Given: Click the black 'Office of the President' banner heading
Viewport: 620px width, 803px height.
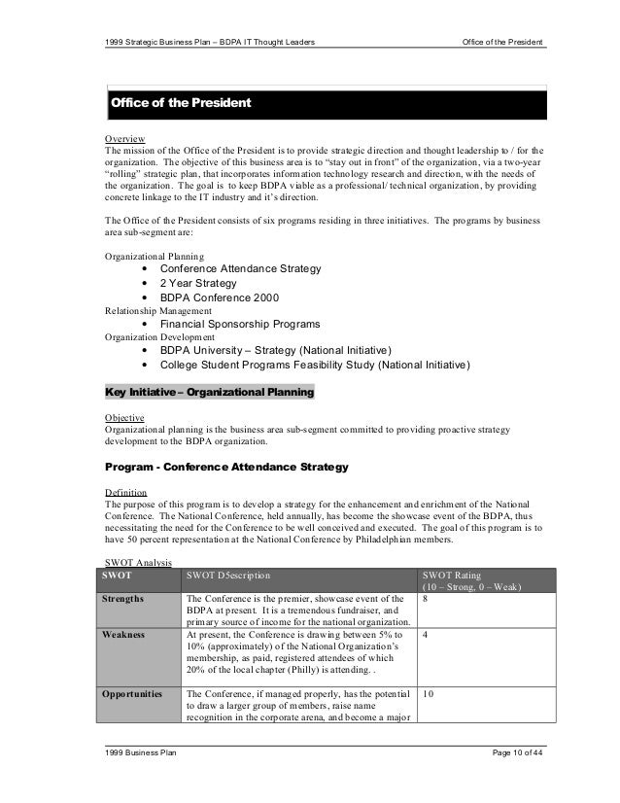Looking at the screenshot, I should [182, 103].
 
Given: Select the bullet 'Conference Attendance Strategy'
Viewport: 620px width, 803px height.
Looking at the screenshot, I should [240, 268].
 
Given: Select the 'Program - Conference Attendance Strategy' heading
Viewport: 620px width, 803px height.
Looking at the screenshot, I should [225, 469].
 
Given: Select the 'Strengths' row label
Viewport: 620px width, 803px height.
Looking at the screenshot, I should [128, 599].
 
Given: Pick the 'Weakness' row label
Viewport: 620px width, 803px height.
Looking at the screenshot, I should [125, 635].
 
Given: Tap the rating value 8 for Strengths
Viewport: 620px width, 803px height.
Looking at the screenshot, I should [426, 599].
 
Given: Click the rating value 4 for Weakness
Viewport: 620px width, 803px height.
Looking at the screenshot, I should [426, 635].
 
